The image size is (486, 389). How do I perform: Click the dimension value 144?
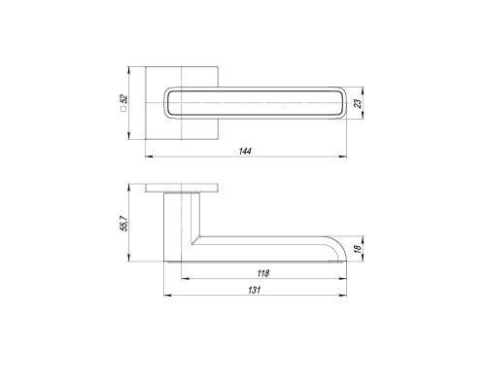[245, 151]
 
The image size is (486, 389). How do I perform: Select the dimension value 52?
[124, 98]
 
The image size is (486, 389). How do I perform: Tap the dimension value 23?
[358, 103]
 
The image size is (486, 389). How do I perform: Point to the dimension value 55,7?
[124, 223]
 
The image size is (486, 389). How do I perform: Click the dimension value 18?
[358, 249]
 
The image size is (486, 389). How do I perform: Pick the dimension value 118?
[263, 273]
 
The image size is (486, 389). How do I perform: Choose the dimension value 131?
[255, 290]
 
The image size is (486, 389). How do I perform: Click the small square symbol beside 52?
[123, 109]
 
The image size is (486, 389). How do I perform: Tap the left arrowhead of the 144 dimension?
[149, 157]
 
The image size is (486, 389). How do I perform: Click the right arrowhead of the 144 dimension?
[343, 157]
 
